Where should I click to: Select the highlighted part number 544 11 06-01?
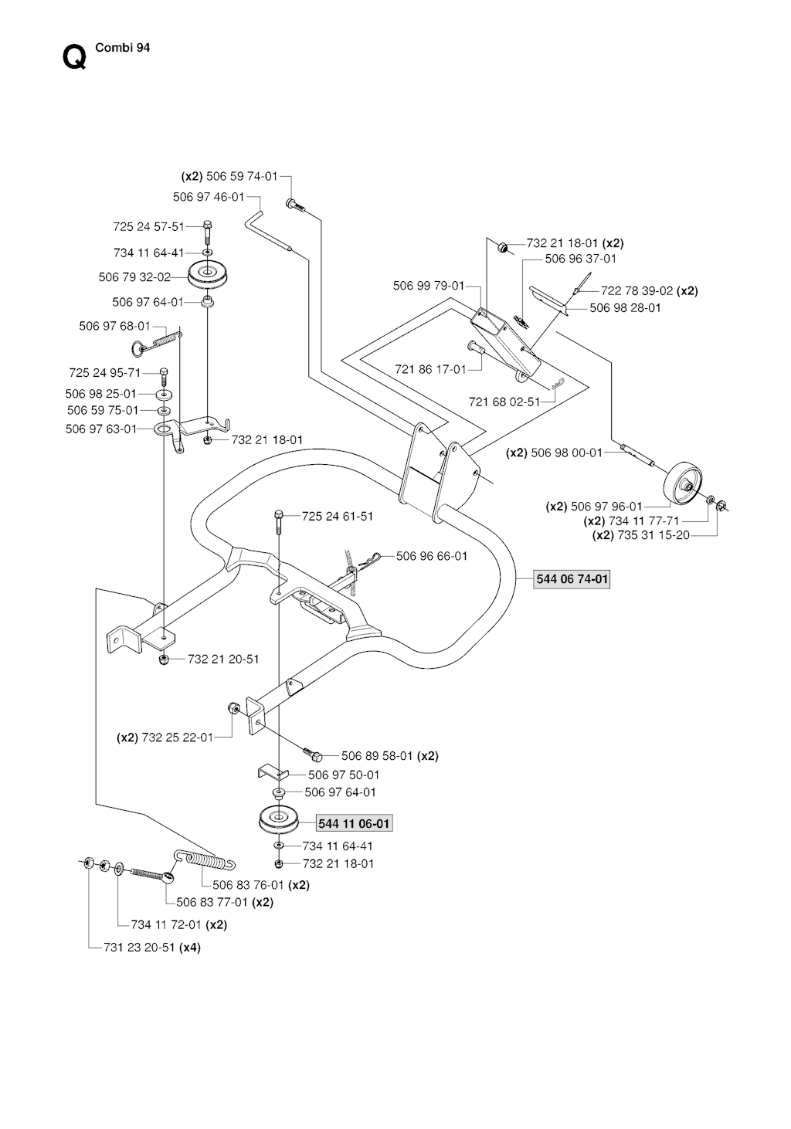355,824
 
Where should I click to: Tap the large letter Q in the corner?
73,57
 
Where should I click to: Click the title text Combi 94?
122,47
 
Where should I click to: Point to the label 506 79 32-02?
134,277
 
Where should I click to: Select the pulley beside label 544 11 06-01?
280,820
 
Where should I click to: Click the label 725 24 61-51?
338,516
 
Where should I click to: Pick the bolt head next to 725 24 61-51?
279,514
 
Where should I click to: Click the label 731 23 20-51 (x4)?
151,948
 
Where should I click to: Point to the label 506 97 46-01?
209,197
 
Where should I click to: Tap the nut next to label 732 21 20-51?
164,660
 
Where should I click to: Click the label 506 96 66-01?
432,555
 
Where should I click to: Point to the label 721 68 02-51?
504,402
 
